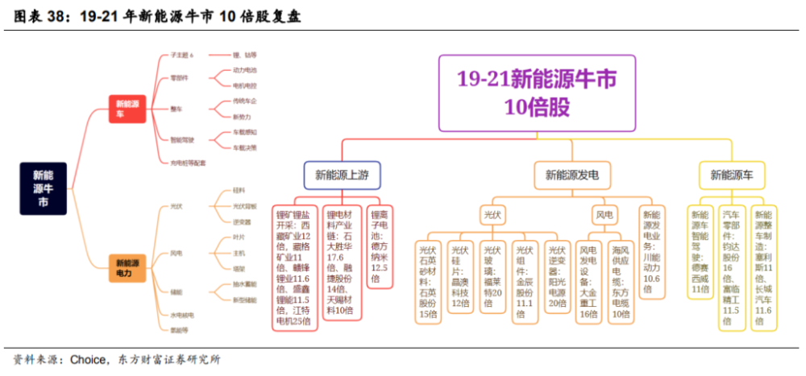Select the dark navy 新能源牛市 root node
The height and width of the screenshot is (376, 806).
coord(44,188)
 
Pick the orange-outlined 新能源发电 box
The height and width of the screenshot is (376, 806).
coord(578,174)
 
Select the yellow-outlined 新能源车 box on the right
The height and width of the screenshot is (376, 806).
coord(732,174)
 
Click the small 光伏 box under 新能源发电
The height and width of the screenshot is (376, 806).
coord(492,215)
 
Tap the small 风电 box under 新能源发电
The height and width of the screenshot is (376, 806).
coord(604,215)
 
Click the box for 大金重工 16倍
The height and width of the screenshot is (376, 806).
coord(590,281)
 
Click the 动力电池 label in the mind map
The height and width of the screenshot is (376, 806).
coord(244,71)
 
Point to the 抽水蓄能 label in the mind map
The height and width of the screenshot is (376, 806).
coord(246,284)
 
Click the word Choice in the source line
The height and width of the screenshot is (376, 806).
coord(89,359)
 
